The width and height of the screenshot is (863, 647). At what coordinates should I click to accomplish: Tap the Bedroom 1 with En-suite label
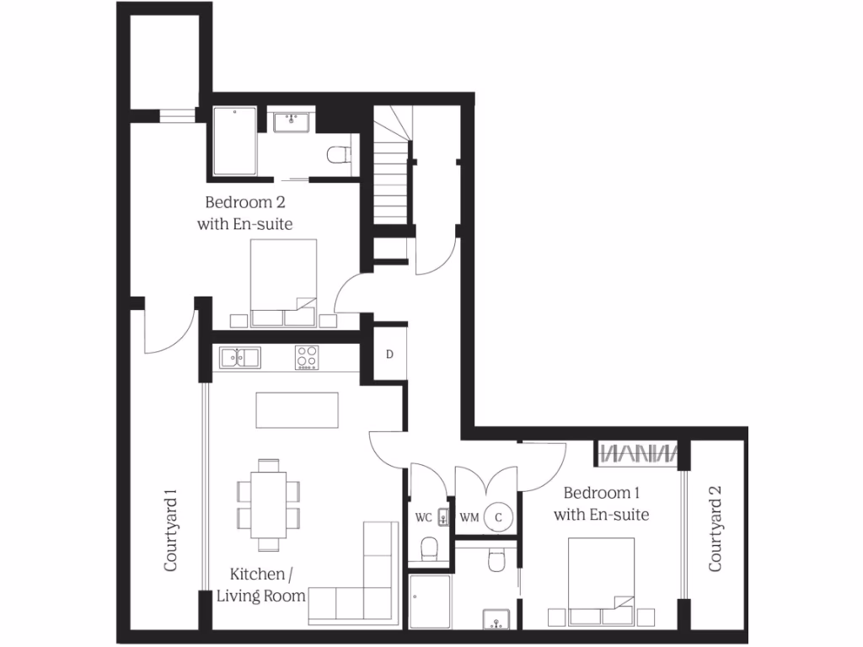(x=601, y=503)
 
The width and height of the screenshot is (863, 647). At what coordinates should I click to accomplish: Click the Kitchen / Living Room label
(x=260, y=585)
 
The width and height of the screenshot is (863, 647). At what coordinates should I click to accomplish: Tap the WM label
(x=469, y=517)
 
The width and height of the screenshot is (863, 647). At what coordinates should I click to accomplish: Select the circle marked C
(x=498, y=517)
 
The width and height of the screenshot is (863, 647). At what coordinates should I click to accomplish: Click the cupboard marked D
(x=389, y=354)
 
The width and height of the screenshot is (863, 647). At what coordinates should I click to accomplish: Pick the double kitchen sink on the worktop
(x=240, y=358)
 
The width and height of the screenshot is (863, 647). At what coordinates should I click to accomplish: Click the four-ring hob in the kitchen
(x=306, y=358)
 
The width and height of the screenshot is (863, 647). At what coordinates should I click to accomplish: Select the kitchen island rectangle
(x=297, y=410)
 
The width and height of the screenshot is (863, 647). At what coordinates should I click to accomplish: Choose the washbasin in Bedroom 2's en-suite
(x=292, y=121)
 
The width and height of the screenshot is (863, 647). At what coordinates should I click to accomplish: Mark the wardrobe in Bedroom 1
(x=638, y=453)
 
